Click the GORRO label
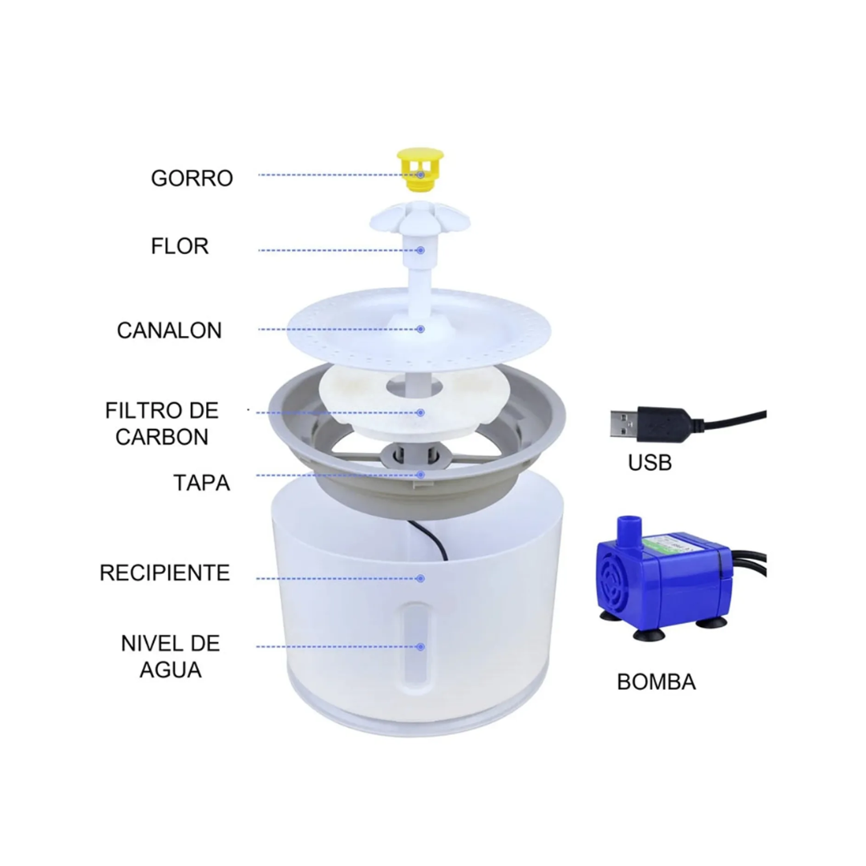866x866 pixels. pos(192,178)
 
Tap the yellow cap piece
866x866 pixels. pos(420,169)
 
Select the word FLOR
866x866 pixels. pos(180,246)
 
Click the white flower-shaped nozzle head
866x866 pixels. pos(419,218)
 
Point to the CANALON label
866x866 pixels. pos(169,330)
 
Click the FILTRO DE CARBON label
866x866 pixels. pos(162,423)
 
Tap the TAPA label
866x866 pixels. pos(201,483)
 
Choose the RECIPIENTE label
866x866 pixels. pos(164,573)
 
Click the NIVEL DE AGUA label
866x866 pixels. pos(170,657)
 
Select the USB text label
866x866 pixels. pos(649,463)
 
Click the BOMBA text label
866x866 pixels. pos(656,682)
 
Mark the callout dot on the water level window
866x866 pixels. pos(421,647)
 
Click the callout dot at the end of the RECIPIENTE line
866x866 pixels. pos(421,578)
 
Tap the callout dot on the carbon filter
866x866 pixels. pos(421,413)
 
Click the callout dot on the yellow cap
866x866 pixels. pos(421,175)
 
